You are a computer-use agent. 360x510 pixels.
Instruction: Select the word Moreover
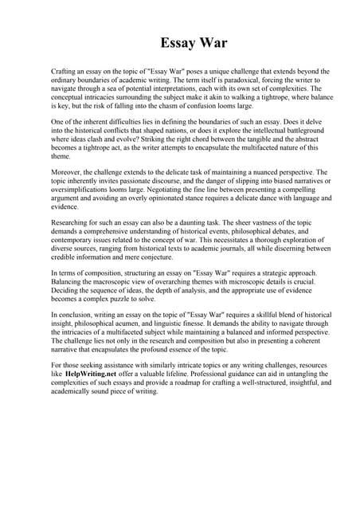tap(68, 171)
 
